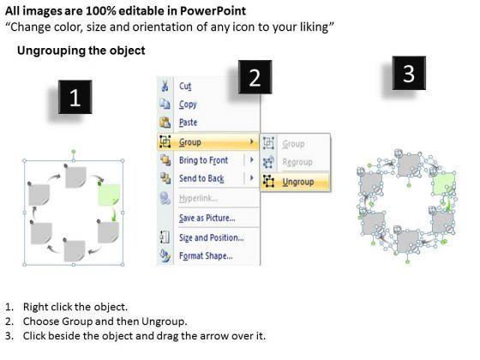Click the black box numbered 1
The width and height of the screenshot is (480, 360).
[75, 97]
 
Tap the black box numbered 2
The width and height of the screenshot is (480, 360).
[255, 77]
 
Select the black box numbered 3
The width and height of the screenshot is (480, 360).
[409, 73]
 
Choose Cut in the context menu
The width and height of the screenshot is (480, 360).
[185, 87]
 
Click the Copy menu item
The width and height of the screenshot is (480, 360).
[188, 105]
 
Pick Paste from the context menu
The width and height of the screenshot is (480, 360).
[188, 123]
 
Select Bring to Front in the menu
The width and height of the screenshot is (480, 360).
[204, 160]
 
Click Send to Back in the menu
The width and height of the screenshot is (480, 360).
[201, 178]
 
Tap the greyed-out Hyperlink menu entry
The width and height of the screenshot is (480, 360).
[198, 198]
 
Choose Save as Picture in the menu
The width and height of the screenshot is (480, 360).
[207, 218]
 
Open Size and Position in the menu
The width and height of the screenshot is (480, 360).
[212, 237]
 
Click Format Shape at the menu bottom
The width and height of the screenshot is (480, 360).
[206, 255]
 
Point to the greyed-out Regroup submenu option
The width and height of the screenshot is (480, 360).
[297, 162]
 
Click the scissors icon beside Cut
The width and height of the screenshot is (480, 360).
[165, 86]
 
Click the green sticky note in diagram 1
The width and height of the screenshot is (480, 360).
[109, 195]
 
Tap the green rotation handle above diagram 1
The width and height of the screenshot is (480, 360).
[74, 152]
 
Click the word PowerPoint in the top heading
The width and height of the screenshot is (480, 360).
[213, 11]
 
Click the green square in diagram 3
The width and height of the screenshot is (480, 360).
[442, 183]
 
